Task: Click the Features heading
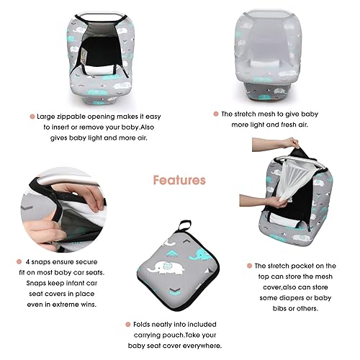tap(179, 180)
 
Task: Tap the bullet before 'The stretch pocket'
tap(248, 266)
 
